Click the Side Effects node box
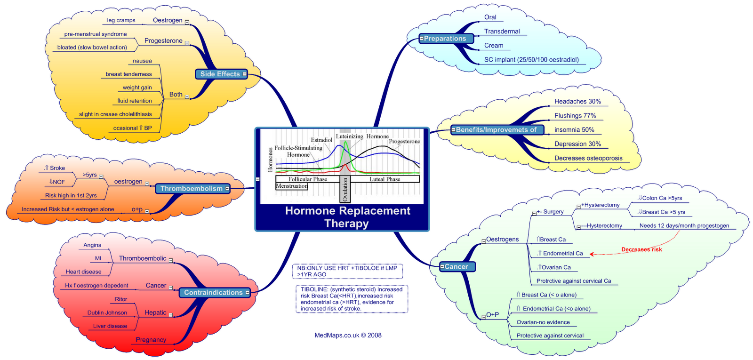point(221,74)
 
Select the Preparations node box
point(446,39)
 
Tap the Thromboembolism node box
point(192,188)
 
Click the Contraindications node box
point(214,292)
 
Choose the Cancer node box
point(457,266)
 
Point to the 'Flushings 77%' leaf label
point(575,115)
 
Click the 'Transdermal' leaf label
point(502,32)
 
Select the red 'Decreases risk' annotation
point(641,249)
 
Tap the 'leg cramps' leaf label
point(121,20)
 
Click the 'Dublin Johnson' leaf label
point(107,312)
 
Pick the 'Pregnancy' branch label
point(151,339)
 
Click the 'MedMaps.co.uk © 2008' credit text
point(348,335)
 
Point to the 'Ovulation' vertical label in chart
point(345,190)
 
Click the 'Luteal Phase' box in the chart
point(385,179)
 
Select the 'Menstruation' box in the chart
point(292,186)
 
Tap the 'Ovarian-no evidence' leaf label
point(543,322)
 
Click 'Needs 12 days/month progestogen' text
point(684,225)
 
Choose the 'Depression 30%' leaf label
point(577,144)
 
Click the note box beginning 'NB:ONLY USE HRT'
point(347,271)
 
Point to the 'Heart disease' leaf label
point(83,272)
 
